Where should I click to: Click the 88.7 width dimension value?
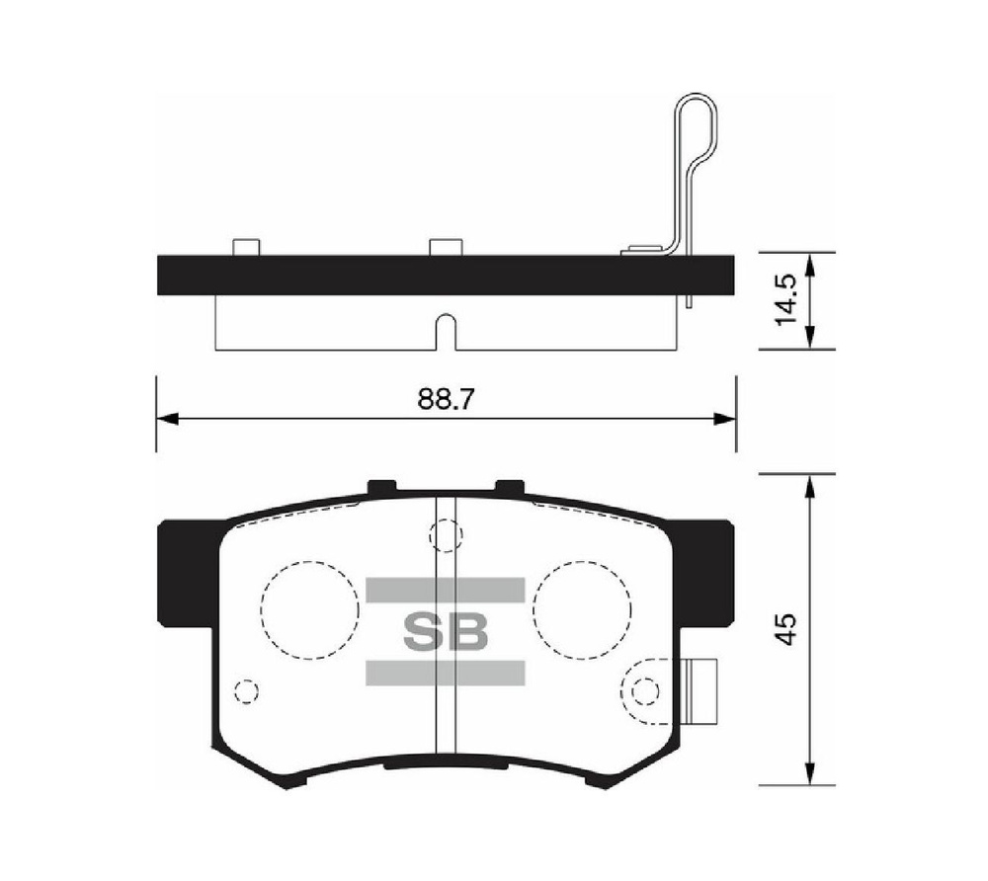446,399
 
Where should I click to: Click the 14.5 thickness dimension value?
786,299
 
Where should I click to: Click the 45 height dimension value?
786,628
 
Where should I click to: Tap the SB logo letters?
446,631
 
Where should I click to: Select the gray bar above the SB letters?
446,590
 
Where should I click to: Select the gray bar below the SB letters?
446,673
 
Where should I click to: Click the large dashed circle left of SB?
309,561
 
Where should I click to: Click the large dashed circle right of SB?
582,561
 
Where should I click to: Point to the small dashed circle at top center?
446,520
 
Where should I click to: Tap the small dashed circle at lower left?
246,681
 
